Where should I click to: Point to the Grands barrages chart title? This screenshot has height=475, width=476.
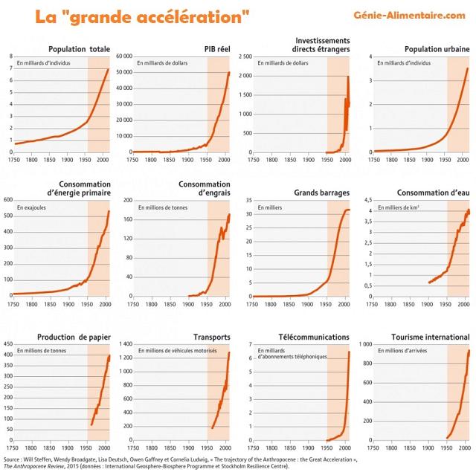(x=322, y=193)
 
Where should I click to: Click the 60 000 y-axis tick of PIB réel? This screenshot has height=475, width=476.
(x=123, y=56)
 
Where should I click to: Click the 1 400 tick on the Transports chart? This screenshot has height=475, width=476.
(x=123, y=344)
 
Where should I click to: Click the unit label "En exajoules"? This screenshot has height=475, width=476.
(x=33, y=207)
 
